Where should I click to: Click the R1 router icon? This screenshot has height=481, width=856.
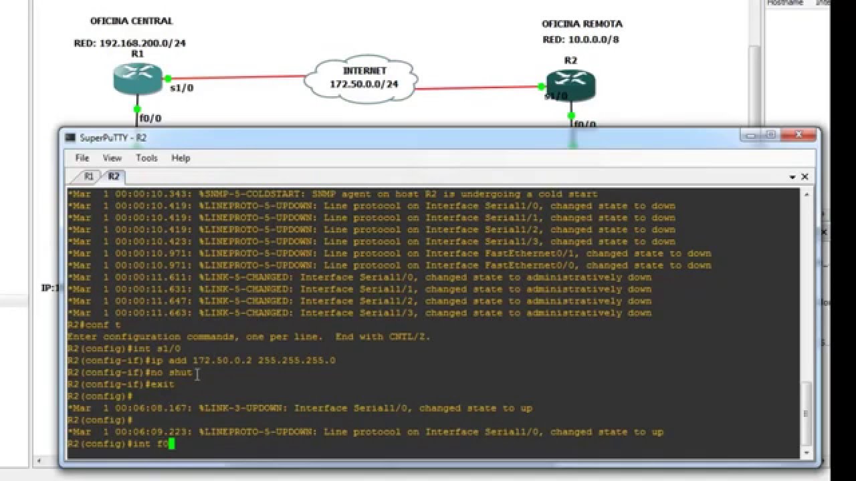138,78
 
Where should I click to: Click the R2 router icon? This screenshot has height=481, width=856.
570,85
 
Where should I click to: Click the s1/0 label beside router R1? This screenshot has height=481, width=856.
182,88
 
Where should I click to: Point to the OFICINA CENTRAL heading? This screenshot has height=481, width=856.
131,21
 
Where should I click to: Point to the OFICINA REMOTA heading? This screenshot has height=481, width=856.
582,24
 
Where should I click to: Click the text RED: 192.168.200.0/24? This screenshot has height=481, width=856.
130,43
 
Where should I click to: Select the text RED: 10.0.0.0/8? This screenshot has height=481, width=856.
580,39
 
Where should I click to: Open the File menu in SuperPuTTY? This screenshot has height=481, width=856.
82,158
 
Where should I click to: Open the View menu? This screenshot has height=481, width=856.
112,158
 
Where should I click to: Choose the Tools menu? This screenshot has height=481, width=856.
146,158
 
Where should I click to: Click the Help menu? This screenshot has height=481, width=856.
181,158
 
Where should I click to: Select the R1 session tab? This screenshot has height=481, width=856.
88,176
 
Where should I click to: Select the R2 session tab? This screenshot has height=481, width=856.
114,176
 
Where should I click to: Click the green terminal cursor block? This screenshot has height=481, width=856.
172,444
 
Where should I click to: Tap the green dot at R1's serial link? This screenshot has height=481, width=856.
168,78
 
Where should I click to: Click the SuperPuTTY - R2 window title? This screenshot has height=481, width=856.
113,138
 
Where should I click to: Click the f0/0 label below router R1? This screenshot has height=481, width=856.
150,119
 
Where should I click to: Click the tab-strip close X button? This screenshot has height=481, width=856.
805,177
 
